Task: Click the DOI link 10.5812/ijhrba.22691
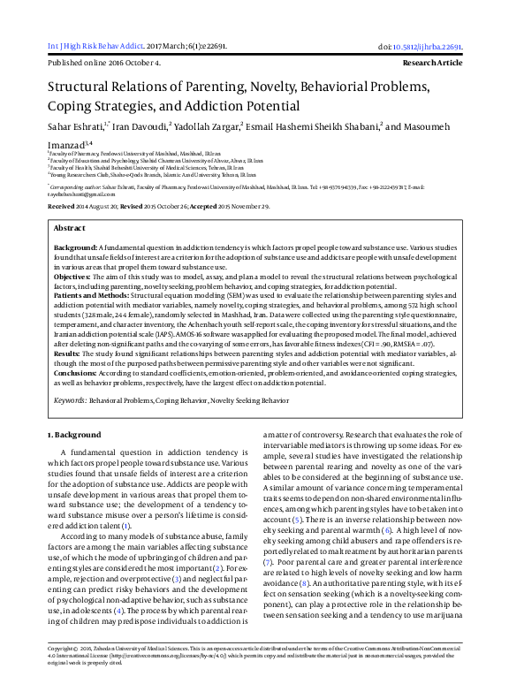(x=431, y=47)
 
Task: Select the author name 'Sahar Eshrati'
(x=74, y=127)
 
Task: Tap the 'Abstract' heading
(x=70, y=228)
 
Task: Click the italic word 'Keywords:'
(x=70, y=400)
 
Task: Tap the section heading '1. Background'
(x=76, y=435)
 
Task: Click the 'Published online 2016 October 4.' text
(x=104, y=64)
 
